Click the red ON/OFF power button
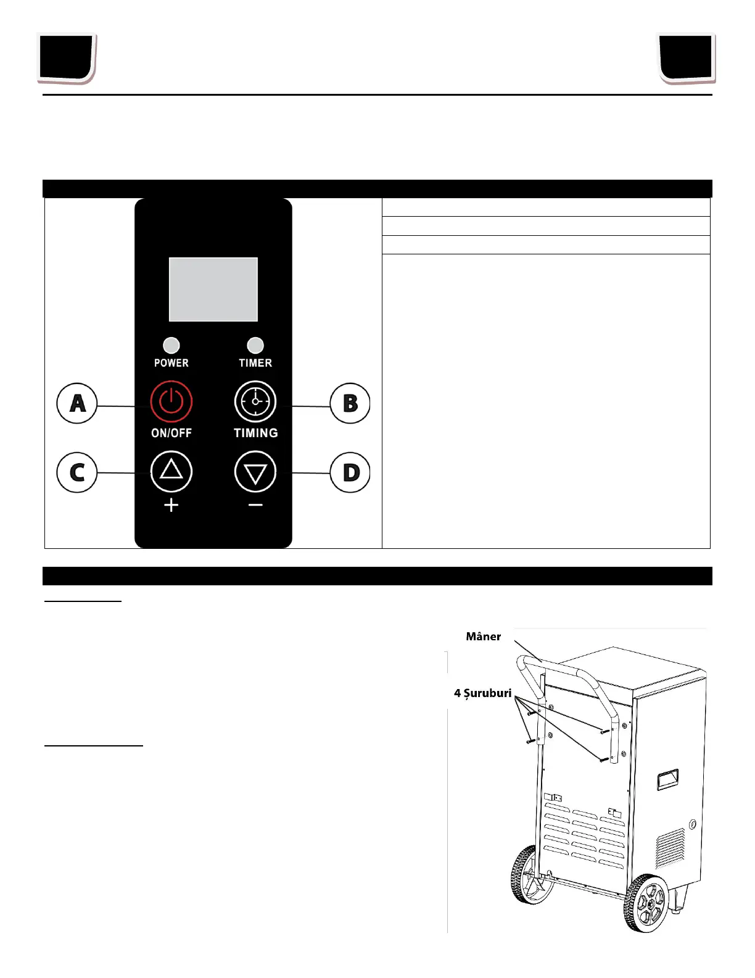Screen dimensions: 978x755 point(171,402)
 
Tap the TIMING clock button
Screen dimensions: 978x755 point(255,402)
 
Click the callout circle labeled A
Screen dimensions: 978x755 point(77,403)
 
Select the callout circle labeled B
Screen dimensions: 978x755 point(350,403)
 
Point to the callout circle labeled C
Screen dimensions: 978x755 point(77,472)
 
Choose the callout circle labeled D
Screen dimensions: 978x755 point(350,472)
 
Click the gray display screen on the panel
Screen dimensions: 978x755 point(213,290)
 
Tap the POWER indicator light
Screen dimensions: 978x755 point(171,345)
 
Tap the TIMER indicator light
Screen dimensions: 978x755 point(255,345)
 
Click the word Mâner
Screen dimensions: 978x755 point(484,637)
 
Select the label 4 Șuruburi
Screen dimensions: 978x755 point(483,693)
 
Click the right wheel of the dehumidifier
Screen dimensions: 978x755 point(645,903)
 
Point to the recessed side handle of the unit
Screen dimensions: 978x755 point(667,779)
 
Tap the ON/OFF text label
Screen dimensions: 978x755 point(171,433)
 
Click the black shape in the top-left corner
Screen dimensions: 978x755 point(67,58)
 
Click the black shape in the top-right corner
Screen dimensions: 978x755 point(686,57)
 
